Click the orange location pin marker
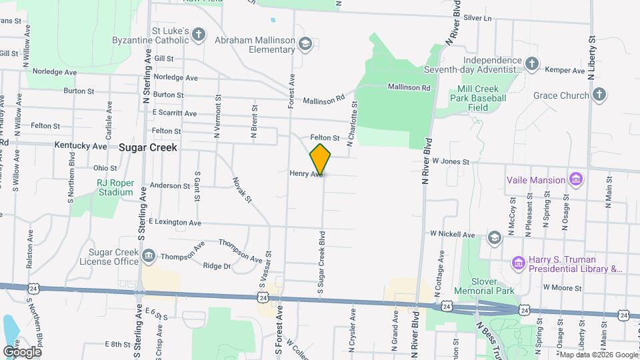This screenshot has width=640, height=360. [320, 159]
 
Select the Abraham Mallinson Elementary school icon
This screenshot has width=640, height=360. [305, 45]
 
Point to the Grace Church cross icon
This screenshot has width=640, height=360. [599, 95]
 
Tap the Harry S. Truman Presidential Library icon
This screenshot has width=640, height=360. [518, 264]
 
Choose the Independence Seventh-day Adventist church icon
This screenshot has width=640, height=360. [531, 64]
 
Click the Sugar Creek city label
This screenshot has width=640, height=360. [148, 147]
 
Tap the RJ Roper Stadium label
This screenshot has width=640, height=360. [115, 187]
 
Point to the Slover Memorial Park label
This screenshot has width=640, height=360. [484, 286]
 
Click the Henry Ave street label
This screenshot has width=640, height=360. [306, 173]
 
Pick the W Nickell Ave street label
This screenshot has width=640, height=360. [452, 235]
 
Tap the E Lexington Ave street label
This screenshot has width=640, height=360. [175, 222]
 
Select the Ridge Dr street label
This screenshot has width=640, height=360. [217, 266]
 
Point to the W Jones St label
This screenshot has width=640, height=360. [451, 161]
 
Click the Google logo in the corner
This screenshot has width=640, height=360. [22, 351]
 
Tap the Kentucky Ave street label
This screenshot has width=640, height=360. [90, 145]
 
